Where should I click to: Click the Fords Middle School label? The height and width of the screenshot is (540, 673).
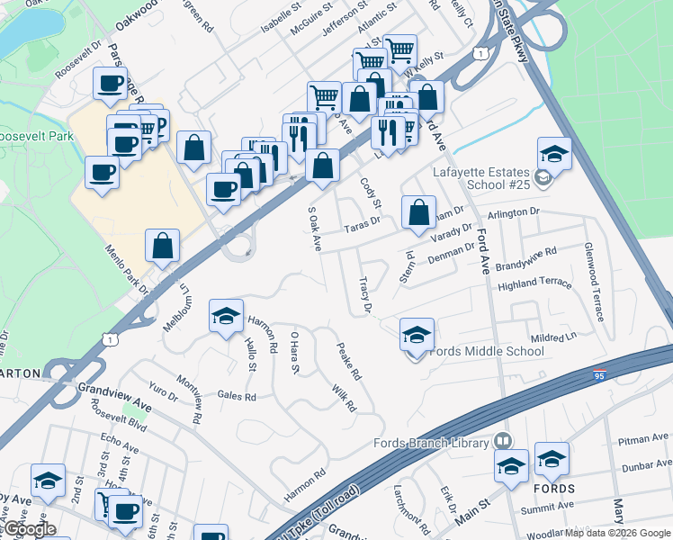tap(486, 351)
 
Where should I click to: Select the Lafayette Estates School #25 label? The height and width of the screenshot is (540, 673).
tap(482, 178)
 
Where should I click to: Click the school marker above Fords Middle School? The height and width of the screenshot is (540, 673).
tap(417, 335)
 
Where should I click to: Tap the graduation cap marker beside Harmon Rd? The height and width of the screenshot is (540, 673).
tap(226, 316)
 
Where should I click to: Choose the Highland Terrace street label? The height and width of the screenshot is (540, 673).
tap(534, 283)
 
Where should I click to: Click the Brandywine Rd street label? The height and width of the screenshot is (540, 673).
tap(526, 259)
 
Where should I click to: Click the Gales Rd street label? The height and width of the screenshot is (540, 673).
tap(237, 396)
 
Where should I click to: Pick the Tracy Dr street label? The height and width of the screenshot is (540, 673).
tap(364, 295)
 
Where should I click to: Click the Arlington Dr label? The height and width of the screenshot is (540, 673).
tap(512, 212)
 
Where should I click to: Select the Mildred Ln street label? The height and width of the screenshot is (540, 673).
tap(553, 335)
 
